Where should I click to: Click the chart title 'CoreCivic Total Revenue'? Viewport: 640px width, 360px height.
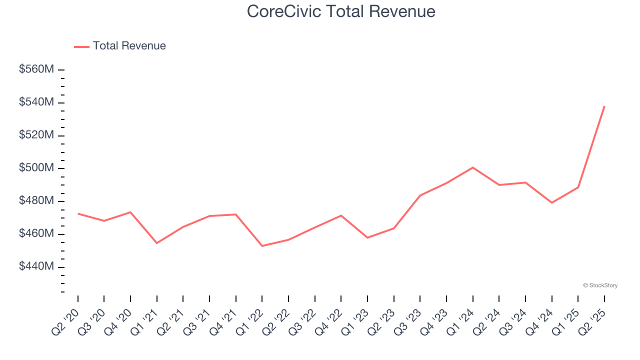(341, 11)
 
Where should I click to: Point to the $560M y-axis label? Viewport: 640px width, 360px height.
(36, 69)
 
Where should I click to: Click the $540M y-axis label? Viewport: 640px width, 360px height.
(36, 102)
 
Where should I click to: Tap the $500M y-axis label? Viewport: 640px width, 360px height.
(36, 168)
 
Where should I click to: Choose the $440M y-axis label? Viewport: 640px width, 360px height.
(36, 266)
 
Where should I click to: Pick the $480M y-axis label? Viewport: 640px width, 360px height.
(36, 201)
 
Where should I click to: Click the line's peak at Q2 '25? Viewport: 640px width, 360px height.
(604, 106)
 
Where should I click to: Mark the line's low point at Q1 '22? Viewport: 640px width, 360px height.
(262, 246)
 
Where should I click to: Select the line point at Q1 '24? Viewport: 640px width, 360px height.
(472, 167)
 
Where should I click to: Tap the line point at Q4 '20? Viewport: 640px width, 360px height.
(130, 212)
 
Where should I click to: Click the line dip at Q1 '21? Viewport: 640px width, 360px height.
(157, 243)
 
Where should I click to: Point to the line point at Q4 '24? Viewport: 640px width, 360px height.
(551, 202)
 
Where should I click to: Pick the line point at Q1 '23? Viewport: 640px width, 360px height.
(367, 237)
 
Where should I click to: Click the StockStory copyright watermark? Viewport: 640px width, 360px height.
(600, 285)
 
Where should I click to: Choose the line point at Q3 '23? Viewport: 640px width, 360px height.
(420, 195)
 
